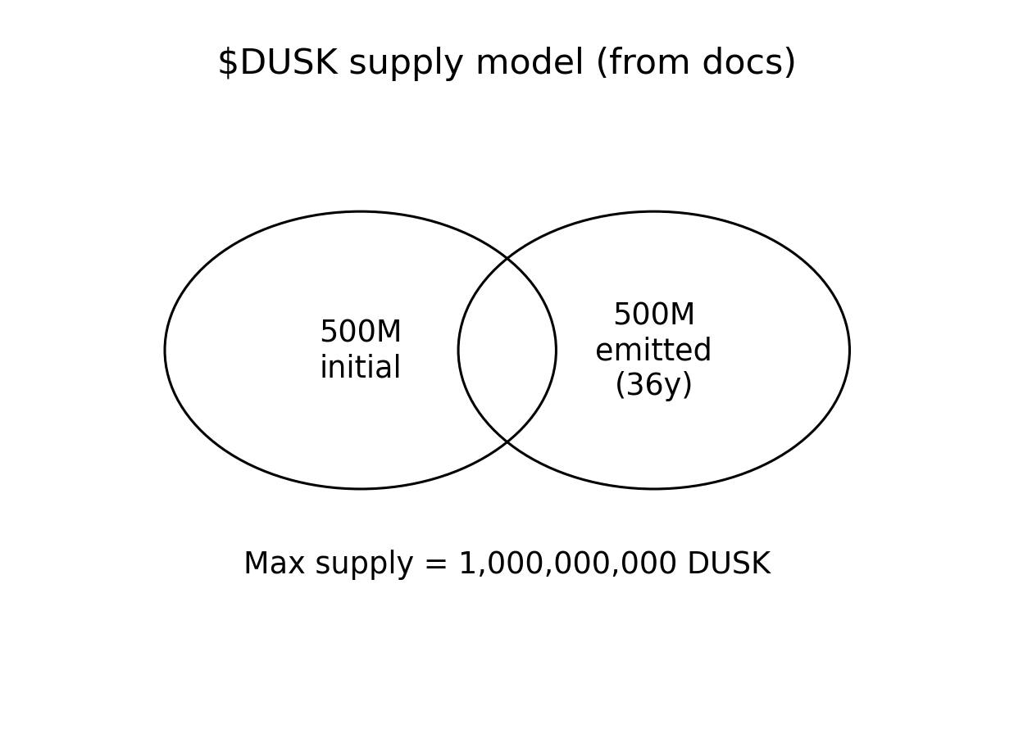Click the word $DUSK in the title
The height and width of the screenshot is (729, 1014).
(x=277, y=63)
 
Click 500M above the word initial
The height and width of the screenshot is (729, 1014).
(x=361, y=333)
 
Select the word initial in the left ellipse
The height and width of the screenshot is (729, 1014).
(x=361, y=368)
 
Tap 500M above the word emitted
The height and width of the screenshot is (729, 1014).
(x=654, y=315)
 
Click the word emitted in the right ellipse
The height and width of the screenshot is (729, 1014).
(x=653, y=351)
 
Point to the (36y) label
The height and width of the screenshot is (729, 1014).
(x=653, y=385)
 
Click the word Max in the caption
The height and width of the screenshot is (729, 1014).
(x=274, y=564)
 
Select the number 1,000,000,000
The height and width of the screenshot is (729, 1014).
(x=567, y=564)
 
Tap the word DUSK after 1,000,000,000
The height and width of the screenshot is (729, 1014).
(x=729, y=564)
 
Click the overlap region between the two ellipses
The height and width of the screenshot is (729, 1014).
(x=507, y=351)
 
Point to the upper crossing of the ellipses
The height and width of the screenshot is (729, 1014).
(x=507, y=258)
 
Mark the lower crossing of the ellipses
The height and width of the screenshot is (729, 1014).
(x=507, y=442)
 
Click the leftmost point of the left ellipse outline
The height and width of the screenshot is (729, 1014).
(x=165, y=351)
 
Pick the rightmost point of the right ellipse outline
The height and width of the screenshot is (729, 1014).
(x=849, y=351)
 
